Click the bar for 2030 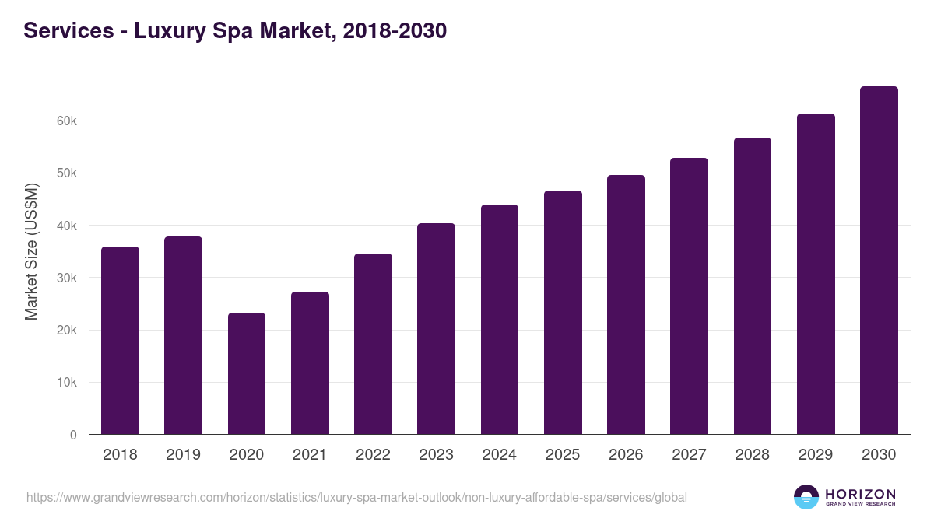879,261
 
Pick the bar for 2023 436,329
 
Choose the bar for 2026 626,305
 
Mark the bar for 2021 310,363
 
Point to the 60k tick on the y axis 67,121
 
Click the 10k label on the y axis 67,383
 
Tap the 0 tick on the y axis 73,435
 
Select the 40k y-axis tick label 67,226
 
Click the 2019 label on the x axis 183,455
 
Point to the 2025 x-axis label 562,455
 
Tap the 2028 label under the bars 752,455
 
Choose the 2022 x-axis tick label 373,455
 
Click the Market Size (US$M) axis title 31,252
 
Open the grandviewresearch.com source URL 356,497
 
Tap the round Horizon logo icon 806,497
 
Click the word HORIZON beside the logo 860,493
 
